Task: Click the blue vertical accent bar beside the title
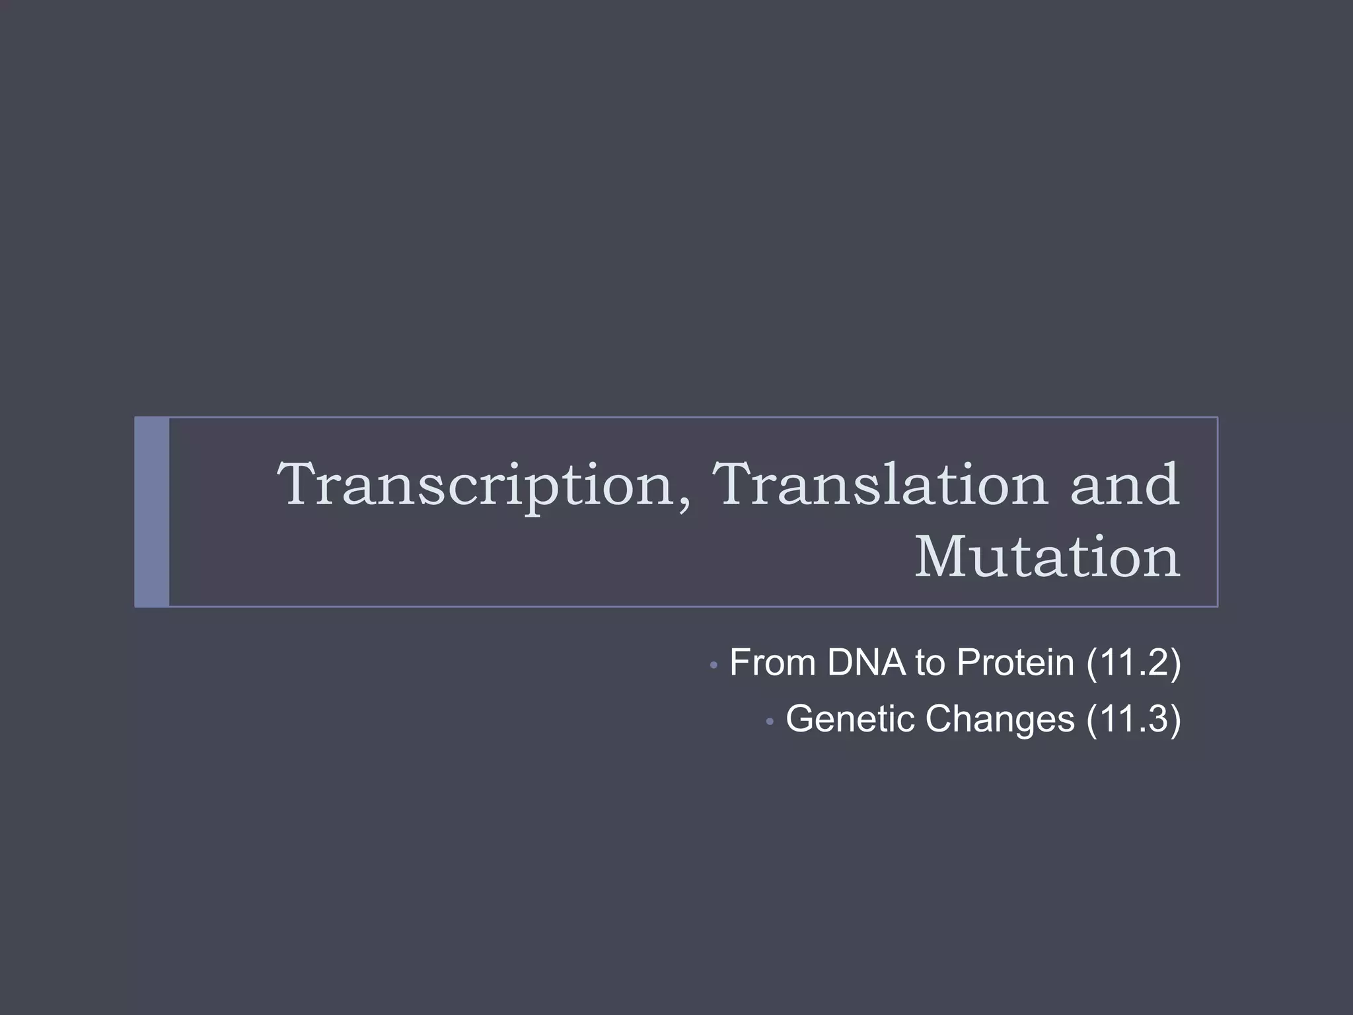tap(152, 512)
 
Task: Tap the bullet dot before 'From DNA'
tap(713, 665)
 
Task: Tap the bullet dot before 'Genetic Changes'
tap(769, 722)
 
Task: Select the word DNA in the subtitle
tap(866, 662)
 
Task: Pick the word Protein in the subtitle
tap(1015, 662)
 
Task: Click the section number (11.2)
tap(1134, 662)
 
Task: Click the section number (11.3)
tap(1134, 719)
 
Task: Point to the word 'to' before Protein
tap(930, 663)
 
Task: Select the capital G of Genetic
tap(801, 719)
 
